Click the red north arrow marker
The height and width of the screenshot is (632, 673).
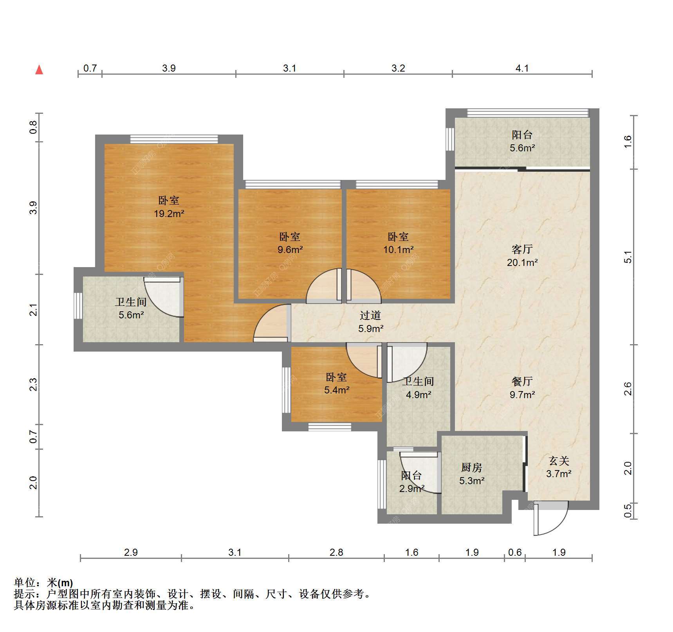(39, 70)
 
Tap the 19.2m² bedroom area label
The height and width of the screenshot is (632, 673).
(169, 207)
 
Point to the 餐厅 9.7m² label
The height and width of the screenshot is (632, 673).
(522, 388)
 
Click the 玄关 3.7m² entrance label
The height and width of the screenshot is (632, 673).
(559, 467)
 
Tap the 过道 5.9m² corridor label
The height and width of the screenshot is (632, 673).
(370, 322)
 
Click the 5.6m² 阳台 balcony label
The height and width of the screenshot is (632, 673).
(522, 141)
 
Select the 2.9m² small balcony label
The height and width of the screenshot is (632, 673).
(412, 482)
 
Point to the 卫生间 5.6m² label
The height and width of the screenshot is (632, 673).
(131, 308)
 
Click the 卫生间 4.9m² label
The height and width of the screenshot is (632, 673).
(418, 388)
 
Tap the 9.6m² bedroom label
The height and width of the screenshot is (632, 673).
(290, 243)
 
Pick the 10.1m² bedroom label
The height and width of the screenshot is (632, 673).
(398, 243)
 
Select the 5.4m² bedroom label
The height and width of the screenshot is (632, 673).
(337, 383)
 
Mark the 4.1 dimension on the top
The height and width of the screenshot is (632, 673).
(522, 68)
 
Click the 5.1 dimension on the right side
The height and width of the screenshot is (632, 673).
(628, 257)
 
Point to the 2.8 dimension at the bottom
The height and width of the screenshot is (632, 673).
(336, 552)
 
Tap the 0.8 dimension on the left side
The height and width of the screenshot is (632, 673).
(33, 127)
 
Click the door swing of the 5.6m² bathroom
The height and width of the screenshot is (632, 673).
(163, 298)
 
